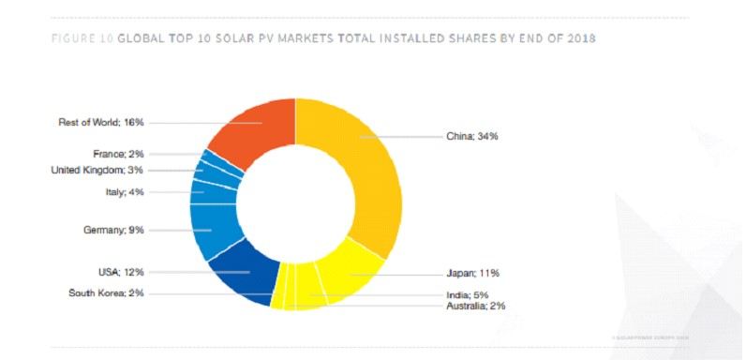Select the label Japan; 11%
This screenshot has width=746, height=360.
point(472,273)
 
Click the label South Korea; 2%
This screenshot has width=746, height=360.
point(107,292)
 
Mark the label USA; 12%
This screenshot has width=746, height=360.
point(123,272)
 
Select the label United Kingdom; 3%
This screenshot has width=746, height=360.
point(97,170)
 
